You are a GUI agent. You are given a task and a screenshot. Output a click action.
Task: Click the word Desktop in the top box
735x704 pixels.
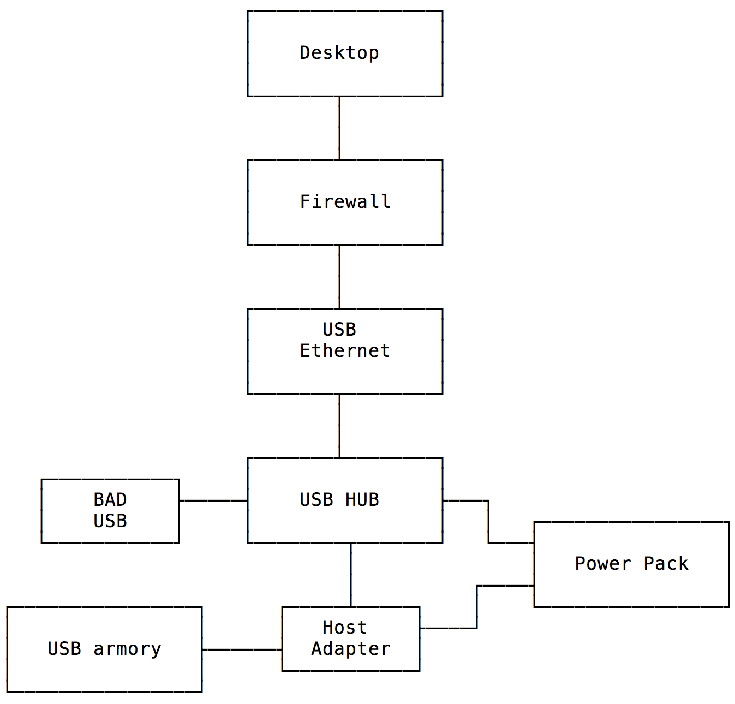click(339, 53)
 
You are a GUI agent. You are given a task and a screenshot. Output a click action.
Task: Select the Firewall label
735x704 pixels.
click(345, 202)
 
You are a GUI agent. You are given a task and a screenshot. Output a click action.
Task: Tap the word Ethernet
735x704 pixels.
click(345, 351)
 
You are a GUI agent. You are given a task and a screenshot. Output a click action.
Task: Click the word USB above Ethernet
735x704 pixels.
click(339, 330)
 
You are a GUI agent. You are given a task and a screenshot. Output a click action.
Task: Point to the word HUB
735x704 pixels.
click(362, 500)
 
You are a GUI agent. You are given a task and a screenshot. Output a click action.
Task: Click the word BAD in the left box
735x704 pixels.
click(110, 500)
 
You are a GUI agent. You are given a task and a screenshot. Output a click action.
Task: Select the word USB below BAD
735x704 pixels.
click(110, 521)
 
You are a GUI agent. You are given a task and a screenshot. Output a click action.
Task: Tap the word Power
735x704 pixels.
click(603, 564)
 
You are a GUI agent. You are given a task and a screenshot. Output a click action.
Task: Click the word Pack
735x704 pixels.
click(666, 564)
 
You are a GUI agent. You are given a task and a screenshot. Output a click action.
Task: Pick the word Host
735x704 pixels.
click(344, 628)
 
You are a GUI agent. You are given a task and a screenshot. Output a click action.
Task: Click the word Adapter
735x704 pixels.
click(350, 649)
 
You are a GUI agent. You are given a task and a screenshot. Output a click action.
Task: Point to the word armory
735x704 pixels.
click(127, 649)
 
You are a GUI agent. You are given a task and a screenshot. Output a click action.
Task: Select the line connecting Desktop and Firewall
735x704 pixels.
click(339, 128)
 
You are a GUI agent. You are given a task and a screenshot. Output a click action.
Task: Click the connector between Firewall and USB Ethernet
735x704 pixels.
click(339, 277)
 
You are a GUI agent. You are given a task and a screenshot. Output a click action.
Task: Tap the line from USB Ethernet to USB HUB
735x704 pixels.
click(339, 426)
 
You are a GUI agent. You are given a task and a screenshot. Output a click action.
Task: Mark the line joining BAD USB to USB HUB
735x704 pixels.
click(213, 500)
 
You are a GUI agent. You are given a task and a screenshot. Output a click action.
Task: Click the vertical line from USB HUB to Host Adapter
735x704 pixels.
click(351, 575)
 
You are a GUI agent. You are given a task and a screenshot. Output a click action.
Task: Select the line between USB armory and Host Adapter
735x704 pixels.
click(242, 649)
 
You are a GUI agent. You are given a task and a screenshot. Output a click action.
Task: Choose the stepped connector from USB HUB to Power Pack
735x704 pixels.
click(488, 522)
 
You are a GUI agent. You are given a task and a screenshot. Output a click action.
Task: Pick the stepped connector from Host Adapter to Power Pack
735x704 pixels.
click(477, 607)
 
